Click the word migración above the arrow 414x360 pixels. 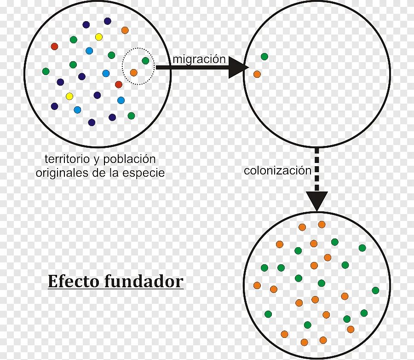coord(199,59)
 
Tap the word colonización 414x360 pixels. coord(277,171)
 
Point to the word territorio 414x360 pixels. coord(66,159)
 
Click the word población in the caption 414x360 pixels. coord(129,159)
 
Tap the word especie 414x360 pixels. coord(145,173)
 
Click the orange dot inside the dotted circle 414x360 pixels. coord(133,72)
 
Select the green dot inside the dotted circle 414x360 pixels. coord(145,60)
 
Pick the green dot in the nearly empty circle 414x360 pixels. coord(264,57)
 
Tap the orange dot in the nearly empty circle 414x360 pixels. coord(257,74)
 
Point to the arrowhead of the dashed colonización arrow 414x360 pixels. coord(317,201)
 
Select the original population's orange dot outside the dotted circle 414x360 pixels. coord(125,30)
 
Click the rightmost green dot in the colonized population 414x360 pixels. coord(375,290)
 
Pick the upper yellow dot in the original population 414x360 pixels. coord(98,37)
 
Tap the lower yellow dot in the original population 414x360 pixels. coord(69,96)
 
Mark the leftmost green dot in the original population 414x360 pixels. coord(46,71)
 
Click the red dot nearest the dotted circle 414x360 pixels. coord(119,84)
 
